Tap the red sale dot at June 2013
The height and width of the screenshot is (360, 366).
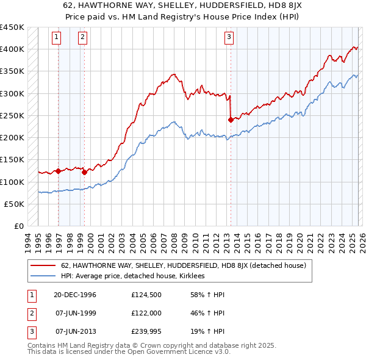click(231, 120)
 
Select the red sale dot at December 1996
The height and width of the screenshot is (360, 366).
click(59, 171)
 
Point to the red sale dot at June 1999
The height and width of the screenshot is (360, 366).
click(84, 172)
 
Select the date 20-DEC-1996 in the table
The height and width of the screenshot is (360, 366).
click(75, 295)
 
